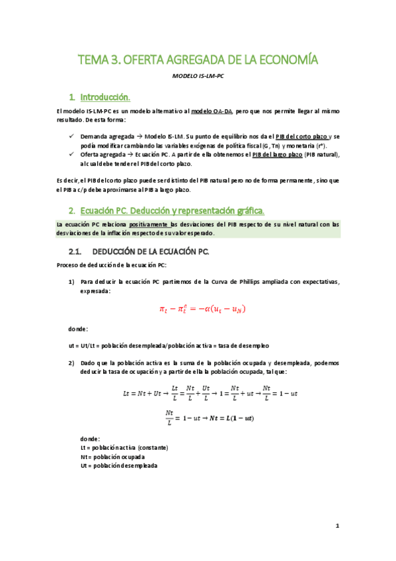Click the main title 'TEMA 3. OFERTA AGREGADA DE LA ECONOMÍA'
pos(198,61)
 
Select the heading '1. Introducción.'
pos(110,97)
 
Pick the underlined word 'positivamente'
pos(149,224)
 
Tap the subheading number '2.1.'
pos(77,252)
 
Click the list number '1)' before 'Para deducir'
pos(71,282)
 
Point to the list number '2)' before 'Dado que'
pos(71,363)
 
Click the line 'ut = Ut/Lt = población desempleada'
pos(169,346)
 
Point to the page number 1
pos(337,527)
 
